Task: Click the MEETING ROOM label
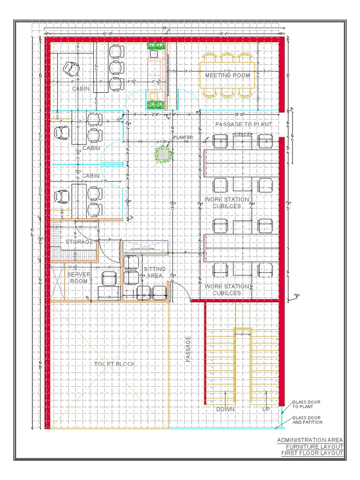[227, 75]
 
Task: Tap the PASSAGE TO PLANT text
[243, 124]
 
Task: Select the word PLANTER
[183, 137]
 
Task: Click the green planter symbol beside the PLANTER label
[163, 154]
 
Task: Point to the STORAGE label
[79, 242]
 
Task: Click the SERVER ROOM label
[78, 277]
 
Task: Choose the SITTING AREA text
[154, 272]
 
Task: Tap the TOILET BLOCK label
[115, 364]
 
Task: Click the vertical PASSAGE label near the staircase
[188, 349]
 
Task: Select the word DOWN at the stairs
[225, 409]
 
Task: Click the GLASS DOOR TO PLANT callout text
[306, 405]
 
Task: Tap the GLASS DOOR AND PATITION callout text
[307, 420]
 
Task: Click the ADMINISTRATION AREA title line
[309, 440]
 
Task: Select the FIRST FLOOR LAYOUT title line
[312, 453]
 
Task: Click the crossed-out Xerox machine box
[144, 247]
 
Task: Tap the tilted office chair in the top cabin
[71, 68]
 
